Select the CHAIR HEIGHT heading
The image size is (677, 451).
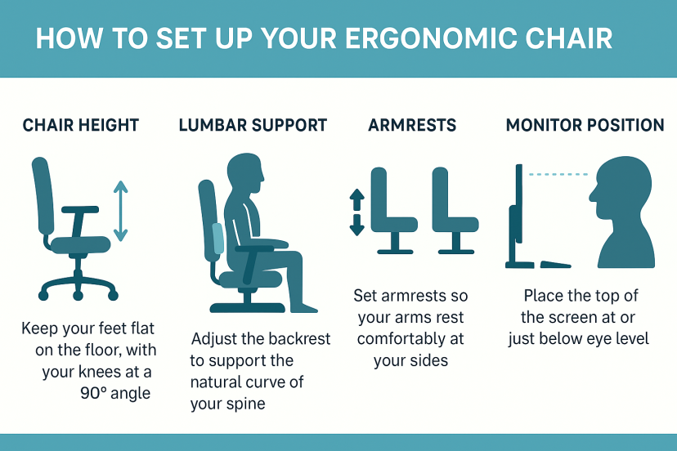click(x=81, y=125)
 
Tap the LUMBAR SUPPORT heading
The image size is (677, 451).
click(x=253, y=125)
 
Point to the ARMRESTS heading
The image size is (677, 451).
click(x=412, y=125)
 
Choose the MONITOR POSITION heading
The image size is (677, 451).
click(x=585, y=125)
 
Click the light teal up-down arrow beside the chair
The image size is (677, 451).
click(x=120, y=211)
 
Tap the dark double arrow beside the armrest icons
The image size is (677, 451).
click(x=356, y=212)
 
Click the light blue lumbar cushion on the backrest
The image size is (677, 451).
click(x=218, y=238)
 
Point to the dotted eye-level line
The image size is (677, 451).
click(x=558, y=174)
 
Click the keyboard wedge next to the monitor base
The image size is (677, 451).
click(x=555, y=264)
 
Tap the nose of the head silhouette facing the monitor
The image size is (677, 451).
click(x=592, y=195)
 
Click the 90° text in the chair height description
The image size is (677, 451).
click(x=93, y=393)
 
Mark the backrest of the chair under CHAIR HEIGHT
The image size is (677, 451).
click(x=43, y=196)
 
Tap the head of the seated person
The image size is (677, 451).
click(x=245, y=172)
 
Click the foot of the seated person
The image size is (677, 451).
click(x=304, y=308)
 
